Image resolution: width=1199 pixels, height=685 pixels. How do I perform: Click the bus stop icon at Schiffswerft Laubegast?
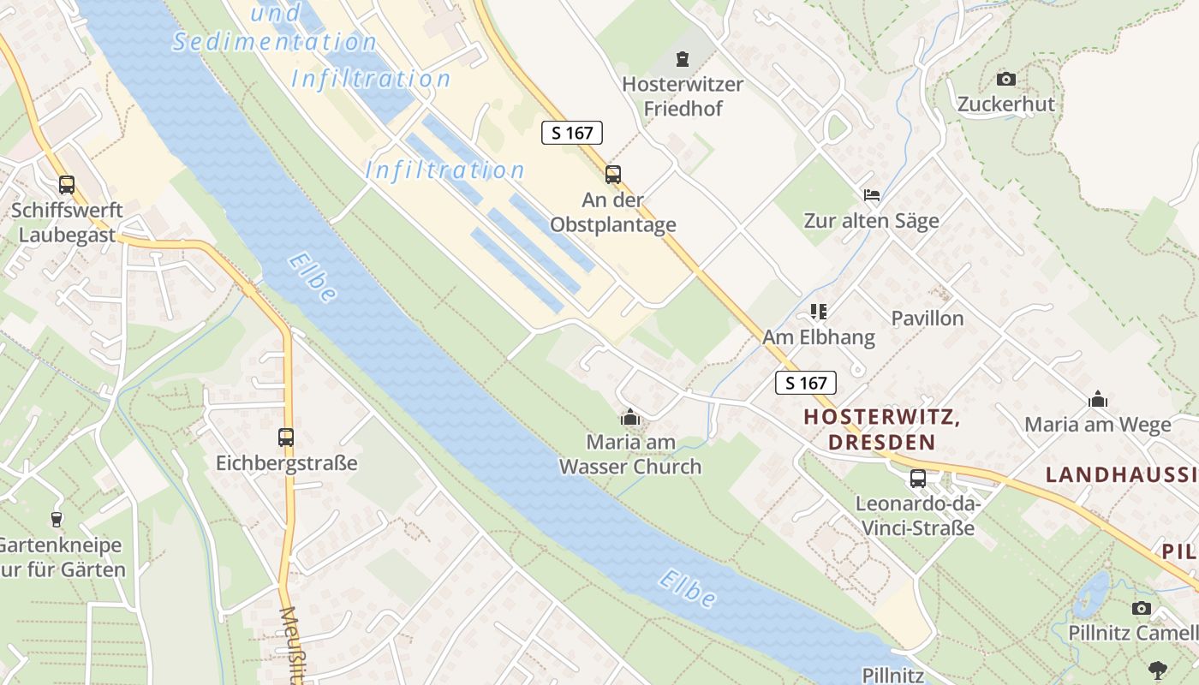tap(66, 184)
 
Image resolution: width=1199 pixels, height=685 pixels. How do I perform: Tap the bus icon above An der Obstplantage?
tap(612, 175)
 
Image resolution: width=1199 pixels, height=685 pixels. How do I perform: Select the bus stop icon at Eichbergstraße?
tap(286, 438)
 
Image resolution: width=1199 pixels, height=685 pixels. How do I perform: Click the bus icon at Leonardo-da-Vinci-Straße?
tap(917, 478)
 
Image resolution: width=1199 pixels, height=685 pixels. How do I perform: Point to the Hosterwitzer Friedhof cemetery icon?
tap(682, 59)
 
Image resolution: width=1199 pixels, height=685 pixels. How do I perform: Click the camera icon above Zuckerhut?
tap(1006, 79)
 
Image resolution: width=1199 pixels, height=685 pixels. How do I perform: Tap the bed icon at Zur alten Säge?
tap(871, 195)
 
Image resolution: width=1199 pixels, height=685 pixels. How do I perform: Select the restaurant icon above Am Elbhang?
tap(819, 312)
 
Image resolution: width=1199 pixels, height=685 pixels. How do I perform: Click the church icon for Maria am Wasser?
tap(630, 417)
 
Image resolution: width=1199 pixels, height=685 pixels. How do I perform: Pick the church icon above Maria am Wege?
tap(1097, 399)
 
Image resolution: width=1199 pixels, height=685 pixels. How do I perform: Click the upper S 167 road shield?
tap(572, 133)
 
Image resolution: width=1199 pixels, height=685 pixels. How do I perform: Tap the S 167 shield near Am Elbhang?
tap(805, 383)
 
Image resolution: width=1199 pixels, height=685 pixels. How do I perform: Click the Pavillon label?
tap(927, 319)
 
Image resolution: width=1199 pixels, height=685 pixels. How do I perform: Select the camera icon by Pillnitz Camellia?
tap(1141, 608)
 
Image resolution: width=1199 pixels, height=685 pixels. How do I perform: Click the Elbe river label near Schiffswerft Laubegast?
tap(313, 277)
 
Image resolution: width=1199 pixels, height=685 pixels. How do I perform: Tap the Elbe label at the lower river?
tap(687, 589)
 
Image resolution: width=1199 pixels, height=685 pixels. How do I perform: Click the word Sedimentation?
tap(274, 42)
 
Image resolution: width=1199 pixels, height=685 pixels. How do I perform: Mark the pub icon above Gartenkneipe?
tap(57, 519)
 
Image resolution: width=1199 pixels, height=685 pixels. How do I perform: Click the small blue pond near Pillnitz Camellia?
tap(1090, 594)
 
